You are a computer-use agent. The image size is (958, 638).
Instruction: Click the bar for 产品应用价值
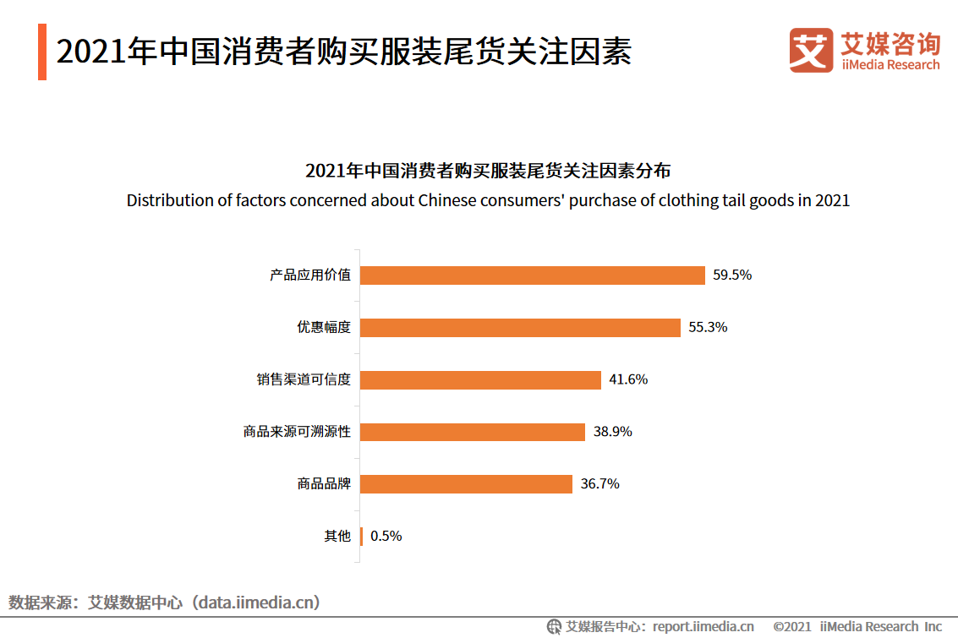533,275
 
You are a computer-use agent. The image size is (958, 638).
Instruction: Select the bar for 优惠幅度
521,328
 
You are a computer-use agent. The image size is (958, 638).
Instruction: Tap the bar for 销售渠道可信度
481,380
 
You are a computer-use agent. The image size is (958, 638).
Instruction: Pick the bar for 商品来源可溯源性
473,432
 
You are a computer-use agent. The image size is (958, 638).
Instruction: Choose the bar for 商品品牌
467,484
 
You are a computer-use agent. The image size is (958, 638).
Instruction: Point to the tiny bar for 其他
362,537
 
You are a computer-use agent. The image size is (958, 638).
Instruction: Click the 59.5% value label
732,275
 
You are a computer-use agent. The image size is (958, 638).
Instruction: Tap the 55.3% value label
708,328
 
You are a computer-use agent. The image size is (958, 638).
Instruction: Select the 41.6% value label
628,380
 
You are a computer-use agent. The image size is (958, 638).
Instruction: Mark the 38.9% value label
612,432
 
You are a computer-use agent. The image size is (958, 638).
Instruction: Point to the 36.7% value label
599,484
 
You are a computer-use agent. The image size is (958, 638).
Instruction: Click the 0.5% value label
386,537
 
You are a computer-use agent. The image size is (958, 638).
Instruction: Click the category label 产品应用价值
310,275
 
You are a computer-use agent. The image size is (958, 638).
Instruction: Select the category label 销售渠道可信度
304,380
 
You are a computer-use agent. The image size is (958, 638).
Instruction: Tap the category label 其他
337,537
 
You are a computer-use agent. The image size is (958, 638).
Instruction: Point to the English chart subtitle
488,201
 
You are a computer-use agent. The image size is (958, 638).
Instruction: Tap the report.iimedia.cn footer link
703,627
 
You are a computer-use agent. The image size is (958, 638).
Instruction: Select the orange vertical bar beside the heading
42,52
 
